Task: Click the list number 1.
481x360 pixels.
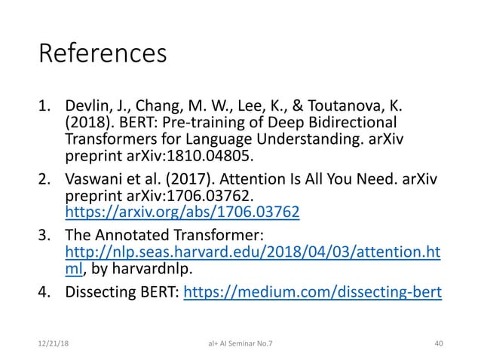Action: tap(44, 107)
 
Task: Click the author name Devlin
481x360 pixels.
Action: tap(89, 107)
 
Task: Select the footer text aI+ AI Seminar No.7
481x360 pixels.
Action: tap(240, 344)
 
